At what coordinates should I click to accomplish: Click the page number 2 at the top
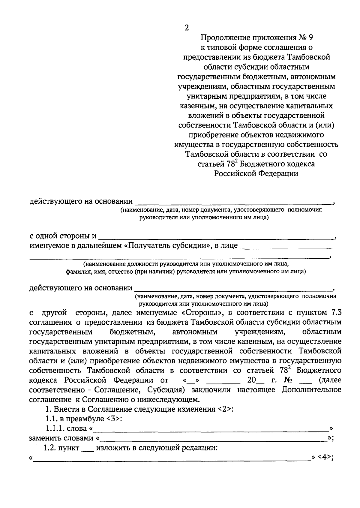point(187,28)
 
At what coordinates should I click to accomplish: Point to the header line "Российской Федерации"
point(256,173)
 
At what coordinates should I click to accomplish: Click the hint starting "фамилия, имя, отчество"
point(186,272)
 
